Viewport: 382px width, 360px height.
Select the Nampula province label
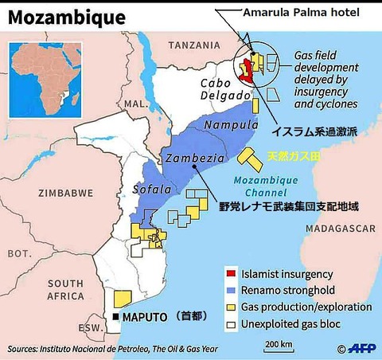(x=232, y=126)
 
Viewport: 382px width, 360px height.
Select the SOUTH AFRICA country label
(x=65, y=290)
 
